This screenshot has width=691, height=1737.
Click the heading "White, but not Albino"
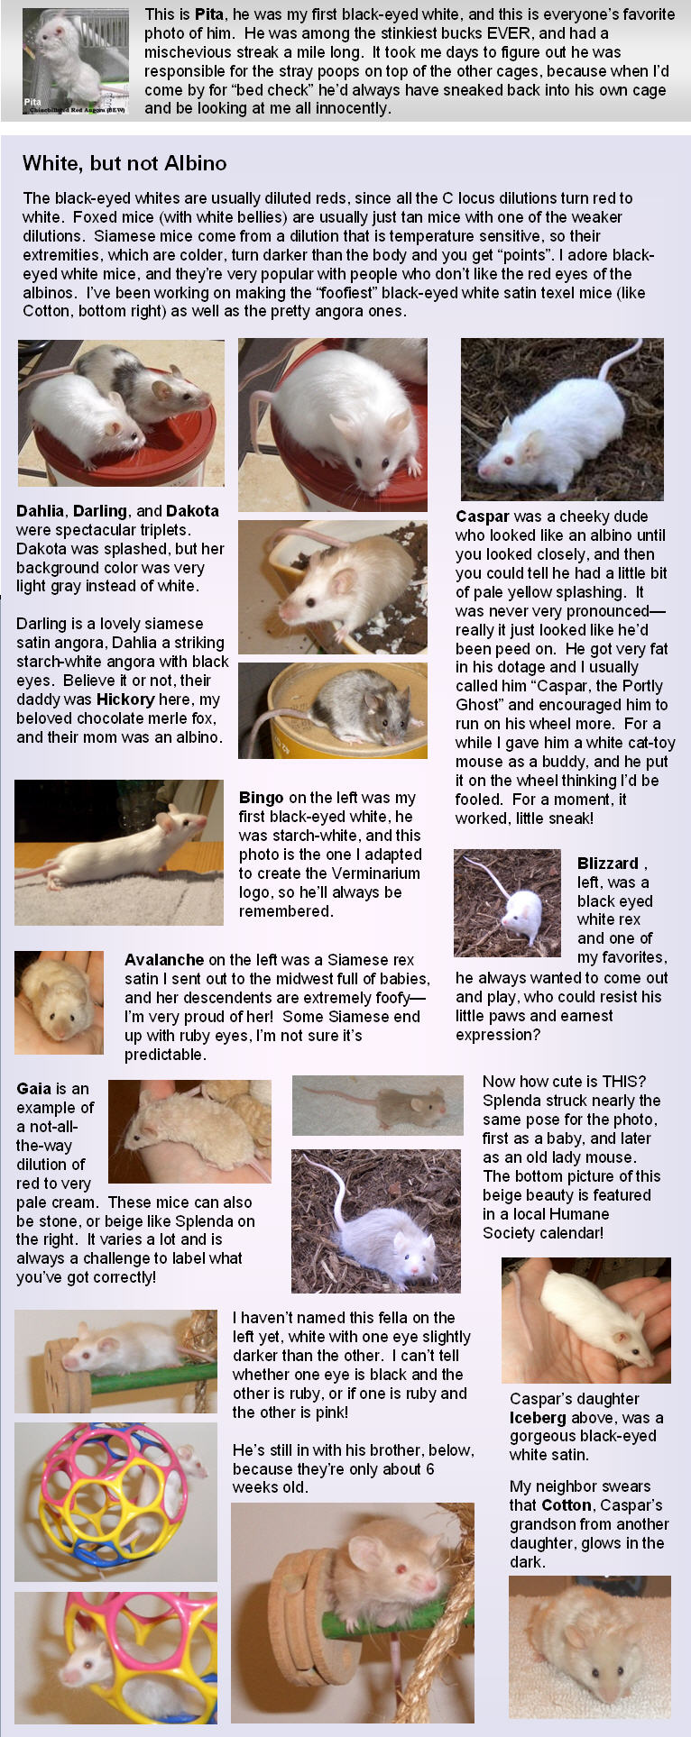(x=124, y=163)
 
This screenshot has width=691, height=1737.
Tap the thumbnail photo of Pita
(x=75, y=61)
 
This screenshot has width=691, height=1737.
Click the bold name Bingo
(x=262, y=798)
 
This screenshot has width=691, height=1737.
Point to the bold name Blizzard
(x=608, y=864)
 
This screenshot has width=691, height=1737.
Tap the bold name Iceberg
(x=538, y=1418)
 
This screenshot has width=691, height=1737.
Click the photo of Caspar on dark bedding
(x=562, y=419)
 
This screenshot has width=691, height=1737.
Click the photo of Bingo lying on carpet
(x=119, y=852)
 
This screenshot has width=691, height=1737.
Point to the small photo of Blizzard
(x=507, y=903)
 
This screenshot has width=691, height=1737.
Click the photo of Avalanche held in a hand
(x=59, y=1002)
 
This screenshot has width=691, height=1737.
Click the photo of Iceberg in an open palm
(x=586, y=1321)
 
